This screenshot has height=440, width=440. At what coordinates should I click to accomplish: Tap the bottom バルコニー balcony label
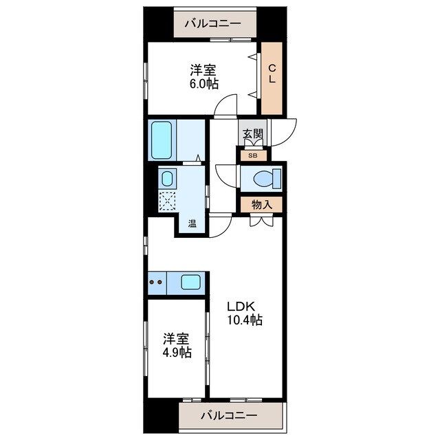click(230, 416)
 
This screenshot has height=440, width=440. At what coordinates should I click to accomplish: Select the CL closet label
click(272, 74)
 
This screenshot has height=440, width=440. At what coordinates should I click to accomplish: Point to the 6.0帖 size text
click(204, 83)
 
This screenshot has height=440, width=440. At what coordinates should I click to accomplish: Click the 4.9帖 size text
click(177, 353)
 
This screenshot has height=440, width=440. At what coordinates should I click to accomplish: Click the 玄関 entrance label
click(252, 135)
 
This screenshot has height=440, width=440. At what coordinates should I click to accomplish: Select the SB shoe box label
click(252, 156)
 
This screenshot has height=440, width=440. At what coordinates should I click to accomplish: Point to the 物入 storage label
click(261, 204)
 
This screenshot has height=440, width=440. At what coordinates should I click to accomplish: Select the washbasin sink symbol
click(166, 179)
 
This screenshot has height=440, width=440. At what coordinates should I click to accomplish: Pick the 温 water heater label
click(192, 223)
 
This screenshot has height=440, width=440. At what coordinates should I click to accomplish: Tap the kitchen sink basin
click(190, 281)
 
